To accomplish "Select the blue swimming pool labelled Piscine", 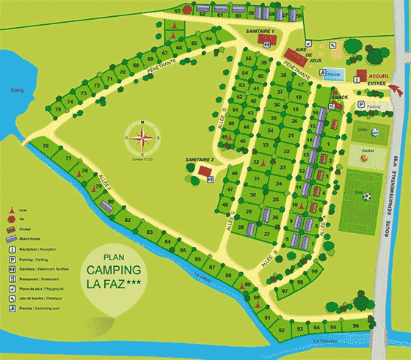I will pos(334,75).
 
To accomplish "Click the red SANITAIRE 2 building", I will pos(204,170).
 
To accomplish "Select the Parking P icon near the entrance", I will pos(360,106).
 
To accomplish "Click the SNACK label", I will pos(339,97).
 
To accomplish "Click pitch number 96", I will pos(356,326).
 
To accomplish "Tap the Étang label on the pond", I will pos(13,90).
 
